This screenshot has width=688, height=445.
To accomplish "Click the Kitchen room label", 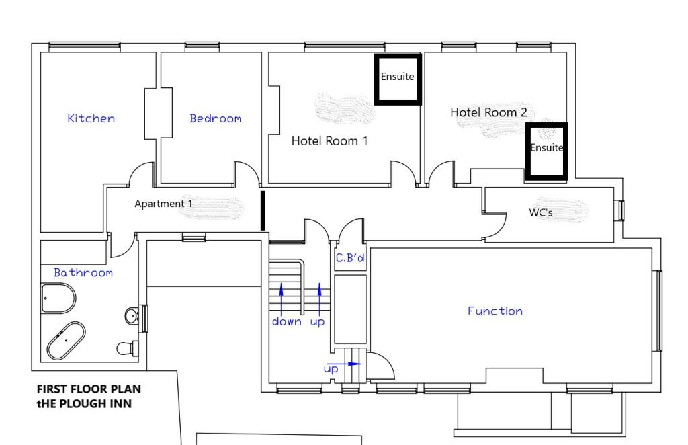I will [91, 118].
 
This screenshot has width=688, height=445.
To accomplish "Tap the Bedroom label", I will [215, 118].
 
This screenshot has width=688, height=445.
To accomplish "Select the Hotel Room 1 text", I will [329, 141].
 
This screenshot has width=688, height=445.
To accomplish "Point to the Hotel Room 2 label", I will [488, 112].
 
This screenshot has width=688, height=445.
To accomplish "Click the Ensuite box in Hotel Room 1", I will [398, 79].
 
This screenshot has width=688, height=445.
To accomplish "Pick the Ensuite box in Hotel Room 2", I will [547, 151].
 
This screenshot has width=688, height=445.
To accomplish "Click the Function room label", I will [495, 311].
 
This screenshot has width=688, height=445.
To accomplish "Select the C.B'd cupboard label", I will [349, 258].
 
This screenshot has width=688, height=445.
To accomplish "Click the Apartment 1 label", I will [163, 204].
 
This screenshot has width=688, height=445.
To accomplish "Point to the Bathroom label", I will [83, 272].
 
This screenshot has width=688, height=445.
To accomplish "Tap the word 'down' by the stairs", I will [286, 322].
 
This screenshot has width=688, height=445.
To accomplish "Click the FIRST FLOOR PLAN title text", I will [89, 389].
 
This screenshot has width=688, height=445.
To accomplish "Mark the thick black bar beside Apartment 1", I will [263, 210].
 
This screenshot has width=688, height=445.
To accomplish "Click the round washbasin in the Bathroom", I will [132, 315].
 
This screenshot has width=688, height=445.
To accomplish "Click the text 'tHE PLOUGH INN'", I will [84, 403].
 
